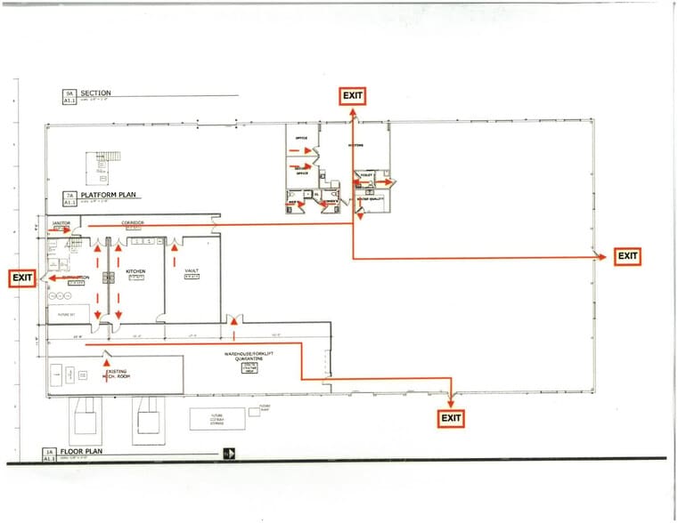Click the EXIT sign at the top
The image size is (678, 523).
tap(352, 96)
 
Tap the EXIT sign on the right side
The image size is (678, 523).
tap(627, 256)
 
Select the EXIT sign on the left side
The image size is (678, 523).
tap(22, 278)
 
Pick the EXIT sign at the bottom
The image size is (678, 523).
tap(451, 417)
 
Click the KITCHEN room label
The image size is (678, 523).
tap(135, 270)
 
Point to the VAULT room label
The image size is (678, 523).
tap(192, 270)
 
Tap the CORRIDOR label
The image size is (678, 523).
tap(133, 221)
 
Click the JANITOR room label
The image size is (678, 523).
tap(61, 223)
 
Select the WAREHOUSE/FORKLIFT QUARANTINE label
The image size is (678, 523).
tap(253, 358)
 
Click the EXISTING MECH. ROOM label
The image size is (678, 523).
tap(116, 374)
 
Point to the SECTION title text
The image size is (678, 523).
tap(95, 93)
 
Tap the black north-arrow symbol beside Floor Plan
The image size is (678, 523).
tap(230, 454)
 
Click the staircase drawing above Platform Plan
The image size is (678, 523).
tap(103, 165)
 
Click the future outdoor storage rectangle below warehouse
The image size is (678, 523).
tap(210, 418)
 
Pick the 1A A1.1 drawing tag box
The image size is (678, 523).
tap(51, 455)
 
